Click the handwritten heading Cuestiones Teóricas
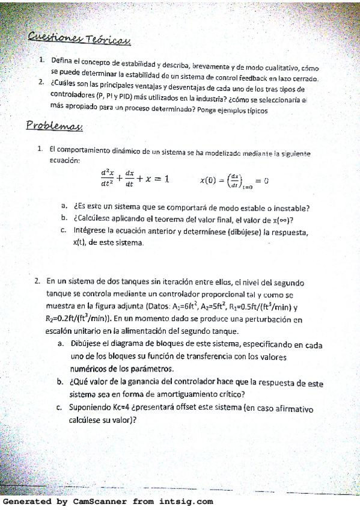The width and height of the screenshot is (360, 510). click(x=80, y=39)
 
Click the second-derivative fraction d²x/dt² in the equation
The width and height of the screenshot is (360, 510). click(x=108, y=179)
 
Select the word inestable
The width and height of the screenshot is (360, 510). click(x=287, y=209)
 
